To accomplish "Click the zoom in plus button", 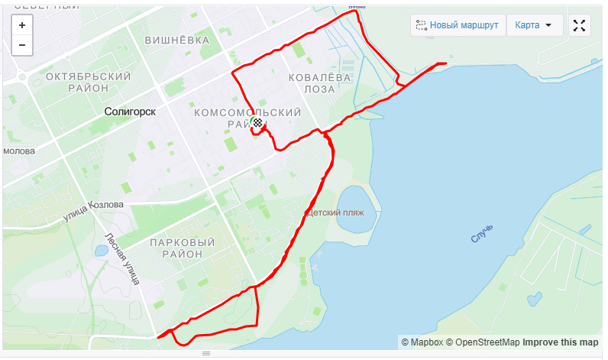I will tap(22, 25).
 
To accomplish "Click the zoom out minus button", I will tap(22, 45).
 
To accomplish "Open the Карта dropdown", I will tap(534, 25).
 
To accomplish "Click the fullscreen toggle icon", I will tap(579, 25).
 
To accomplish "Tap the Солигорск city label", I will tap(130, 112).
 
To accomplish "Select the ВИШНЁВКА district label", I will tap(176, 41).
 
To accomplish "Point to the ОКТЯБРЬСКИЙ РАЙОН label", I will tap(88, 82).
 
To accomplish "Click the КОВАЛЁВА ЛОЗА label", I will tap(319, 83).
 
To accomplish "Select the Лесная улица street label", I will tap(122, 259).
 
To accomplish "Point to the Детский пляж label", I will tap(335, 212).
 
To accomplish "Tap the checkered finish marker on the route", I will tap(259, 122).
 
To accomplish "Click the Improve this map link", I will tap(560, 342).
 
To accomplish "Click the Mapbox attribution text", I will tap(422, 342).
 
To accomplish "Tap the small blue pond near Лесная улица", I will tap(101, 251).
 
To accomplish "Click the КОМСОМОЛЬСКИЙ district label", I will tap(248, 112).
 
